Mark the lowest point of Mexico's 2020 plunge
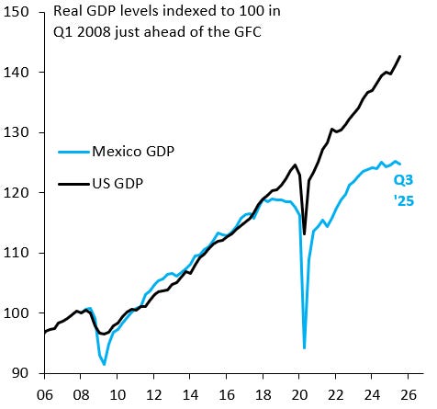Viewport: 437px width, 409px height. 304,348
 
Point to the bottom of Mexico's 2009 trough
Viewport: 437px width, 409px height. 104,365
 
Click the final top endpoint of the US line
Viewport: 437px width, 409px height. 400,56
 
